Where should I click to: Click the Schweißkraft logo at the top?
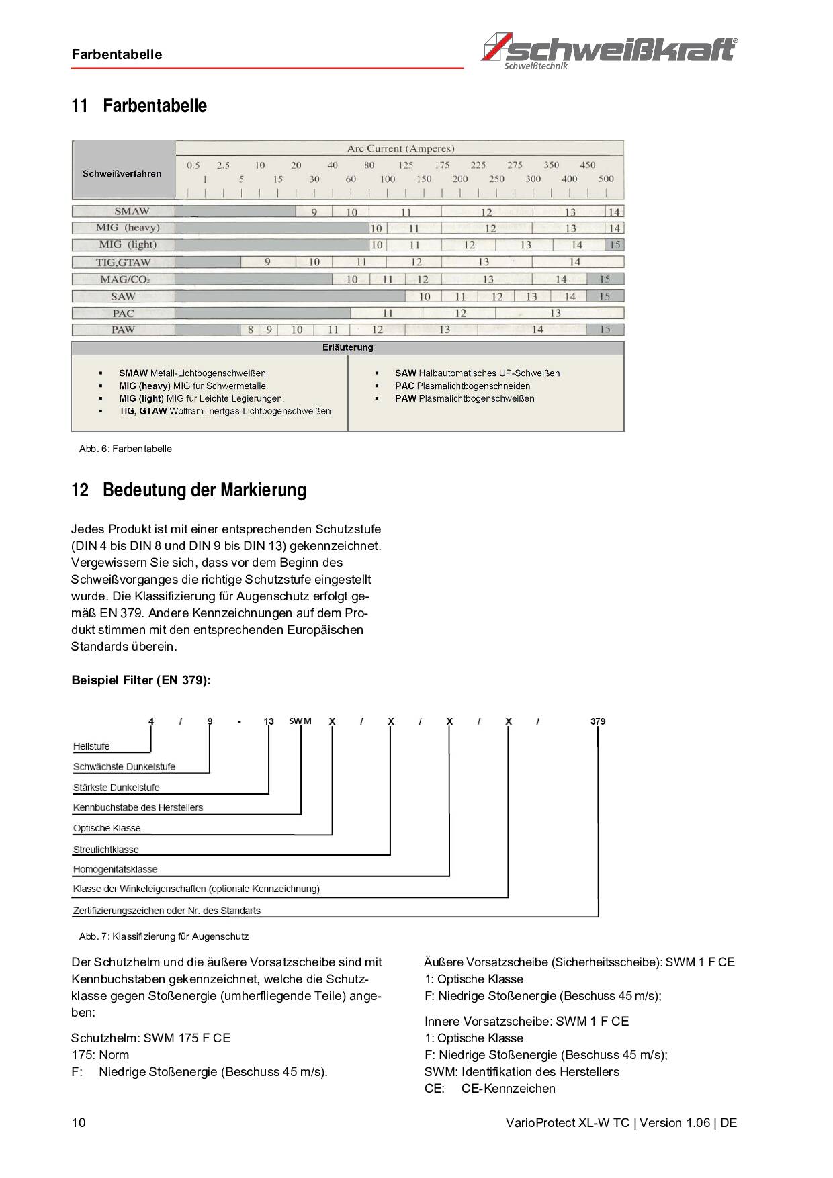pyautogui.click(x=609, y=49)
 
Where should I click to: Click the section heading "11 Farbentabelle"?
pyautogui.click(x=139, y=106)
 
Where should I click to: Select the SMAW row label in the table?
pyautogui.click(x=132, y=211)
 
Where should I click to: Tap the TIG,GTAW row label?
pyautogui.click(x=123, y=262)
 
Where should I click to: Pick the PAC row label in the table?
pyautogui.click(x=123, y=313)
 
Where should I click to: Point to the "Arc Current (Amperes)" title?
pyautogui.click(x=400, y=148)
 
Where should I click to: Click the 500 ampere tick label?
pyautogui.click(x=606, y=179)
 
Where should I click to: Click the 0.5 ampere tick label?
pyautogui.click(x=193, y=165)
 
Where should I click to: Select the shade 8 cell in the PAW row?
pyautogui.click(x=251, y=330)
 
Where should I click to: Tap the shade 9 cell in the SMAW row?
pyautogui.click(x=314, y=212)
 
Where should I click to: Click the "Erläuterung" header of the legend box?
pyautogui.click(x=347, y=347)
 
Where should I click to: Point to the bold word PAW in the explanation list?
pyautogui.click(x=405, y=398)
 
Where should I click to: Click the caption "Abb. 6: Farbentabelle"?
pyautogui.click(x=126, y=449)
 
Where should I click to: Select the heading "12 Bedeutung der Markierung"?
pyautogui.click(x=189, y=490)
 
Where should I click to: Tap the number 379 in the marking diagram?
pyautogui.click(x=598, y=721)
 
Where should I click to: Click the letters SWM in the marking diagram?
pyautogui.click(x=300, y=721)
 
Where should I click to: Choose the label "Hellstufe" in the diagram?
pyautogui.click(x=91, y=746)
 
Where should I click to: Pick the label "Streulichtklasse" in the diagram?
pyautogui.click(x=106, y=850)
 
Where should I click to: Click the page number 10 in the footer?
pyautogui.click(x=79, y=1123)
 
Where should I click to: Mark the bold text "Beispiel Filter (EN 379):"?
pyautogui.click(x=141, y=680)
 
